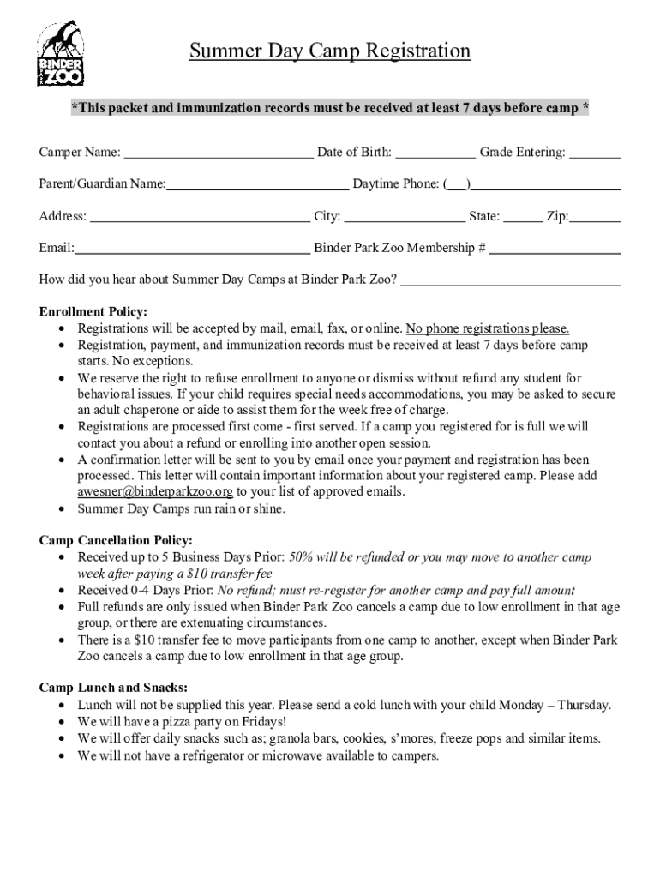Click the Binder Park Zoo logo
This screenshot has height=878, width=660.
[60, 54]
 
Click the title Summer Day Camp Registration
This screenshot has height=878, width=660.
[330, 51]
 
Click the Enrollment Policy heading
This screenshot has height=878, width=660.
[93, 311]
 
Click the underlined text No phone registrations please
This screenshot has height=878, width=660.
[488, 328]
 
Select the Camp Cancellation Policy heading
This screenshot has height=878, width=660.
[116, 540]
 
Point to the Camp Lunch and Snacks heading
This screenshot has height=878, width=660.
[114, 688]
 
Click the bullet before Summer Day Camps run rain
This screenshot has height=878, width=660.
[63, 509]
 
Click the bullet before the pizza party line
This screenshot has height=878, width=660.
[63, 723]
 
